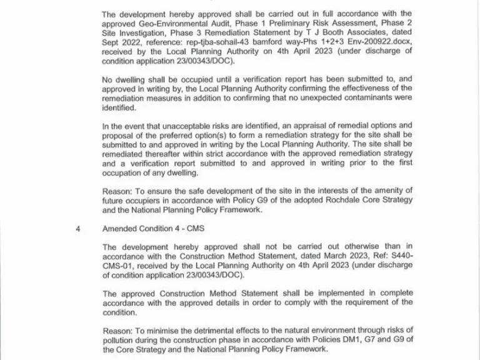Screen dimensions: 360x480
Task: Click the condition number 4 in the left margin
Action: pos(78,228)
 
